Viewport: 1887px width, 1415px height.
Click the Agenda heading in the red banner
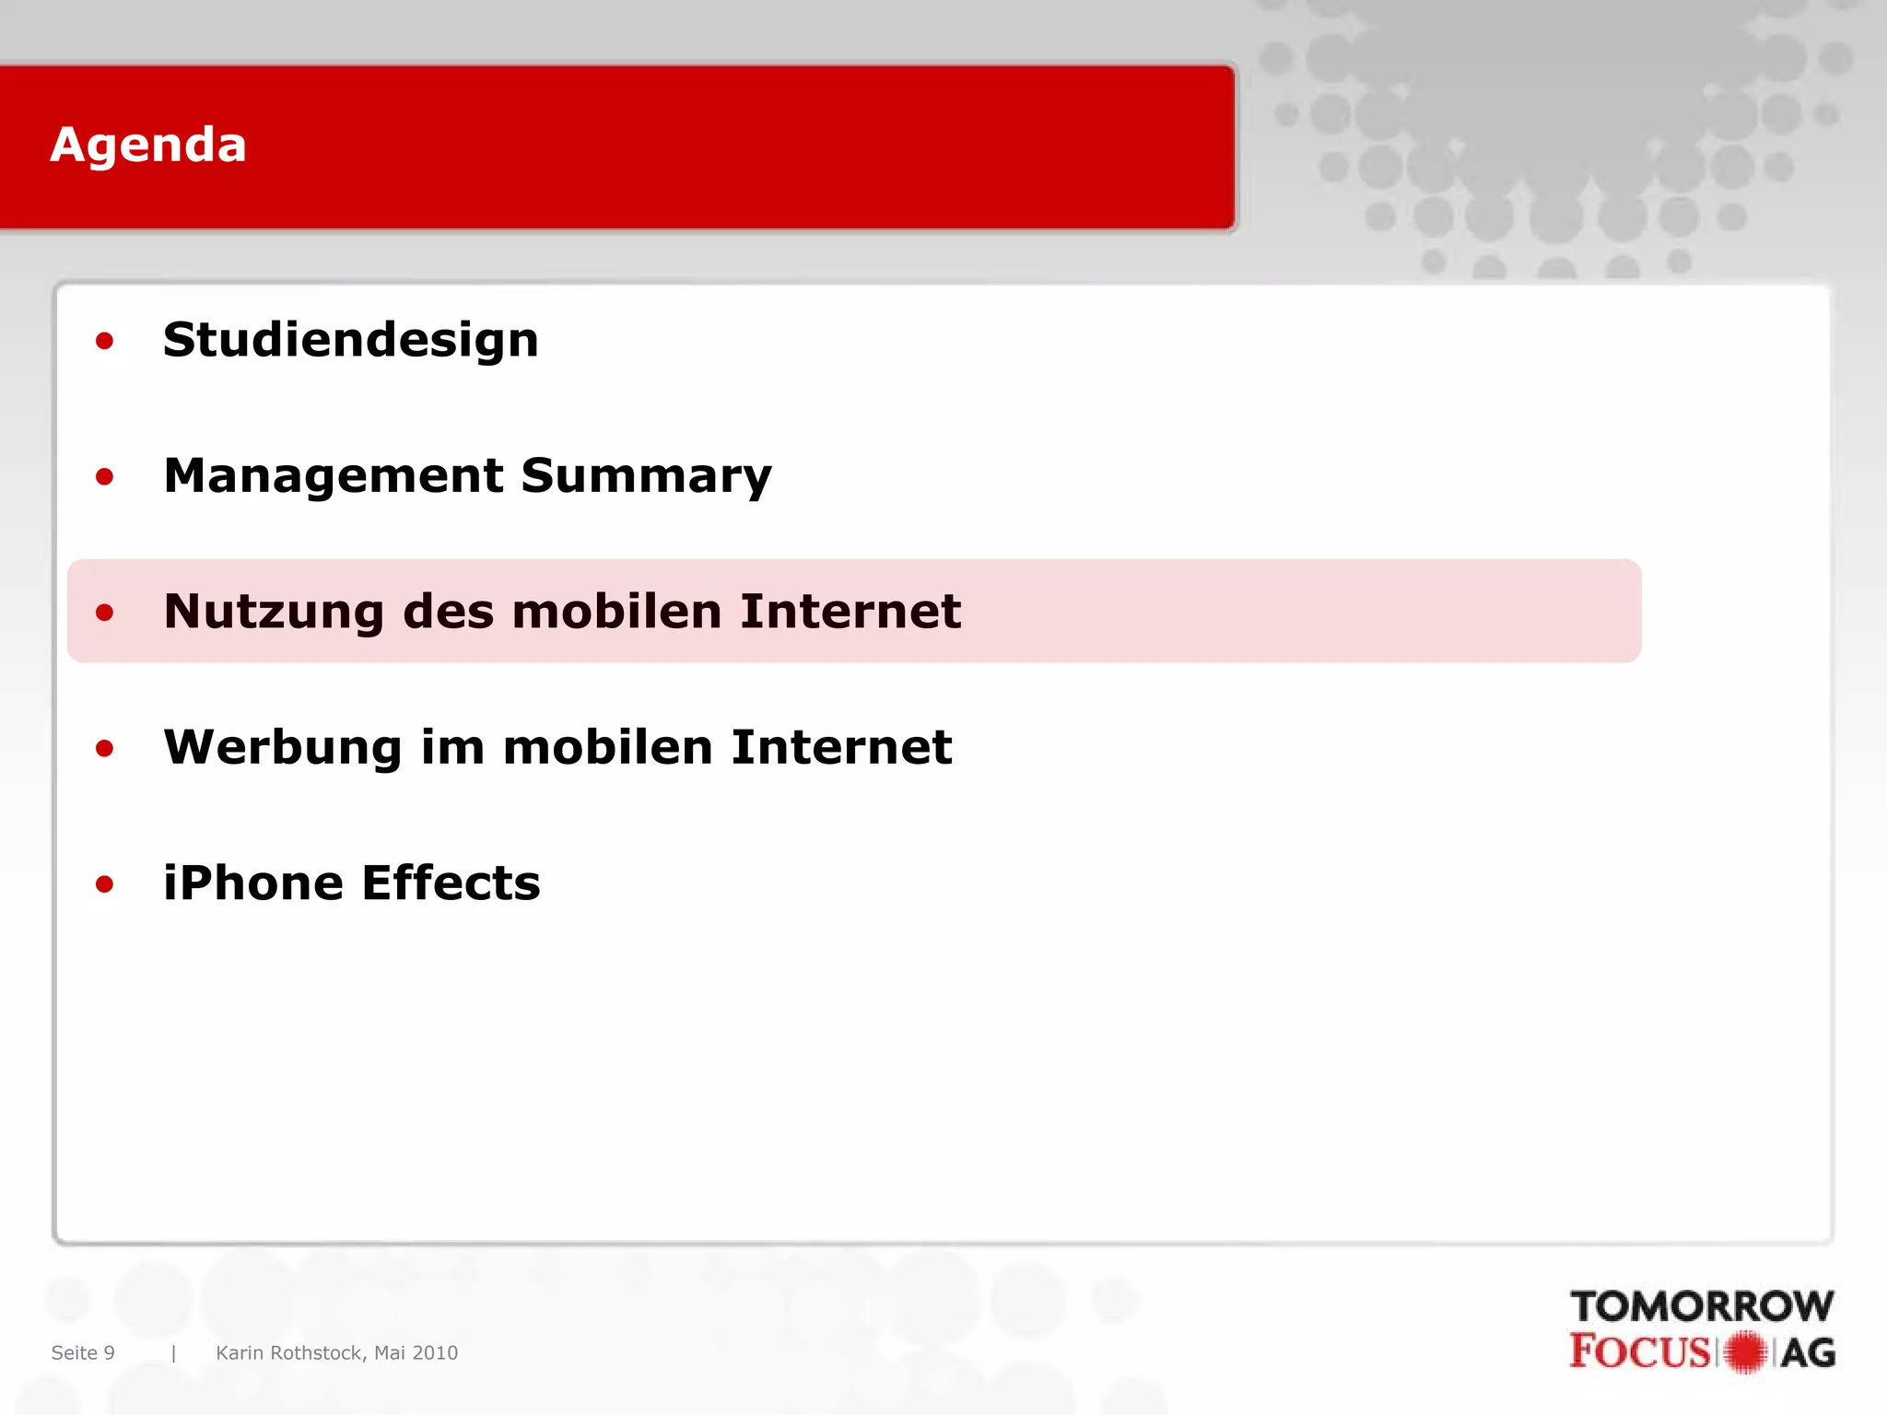click(148, 146)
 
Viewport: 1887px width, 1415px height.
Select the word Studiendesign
click(350, 340)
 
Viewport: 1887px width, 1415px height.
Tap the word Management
click(333, 476)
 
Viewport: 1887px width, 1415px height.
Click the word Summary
click(646, 476)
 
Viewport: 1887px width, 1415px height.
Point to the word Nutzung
click(274, 612)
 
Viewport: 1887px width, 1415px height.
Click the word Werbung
click(282, 747)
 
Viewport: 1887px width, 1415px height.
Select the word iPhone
click(252, 883)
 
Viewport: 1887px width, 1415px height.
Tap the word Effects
click(451, 883)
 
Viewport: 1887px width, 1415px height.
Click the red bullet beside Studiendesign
click(104, 342)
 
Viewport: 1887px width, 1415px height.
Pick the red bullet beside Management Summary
click(104, 477)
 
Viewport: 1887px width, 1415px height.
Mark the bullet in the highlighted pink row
click(104, 613)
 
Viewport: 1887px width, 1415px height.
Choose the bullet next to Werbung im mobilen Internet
click(104, 748)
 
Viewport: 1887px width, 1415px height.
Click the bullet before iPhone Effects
click(104, 884)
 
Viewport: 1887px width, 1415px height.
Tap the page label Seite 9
click(83, 1352)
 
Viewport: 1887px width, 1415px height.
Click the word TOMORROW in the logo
click(1702, 1306)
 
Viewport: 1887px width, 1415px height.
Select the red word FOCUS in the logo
click(1639, 1351)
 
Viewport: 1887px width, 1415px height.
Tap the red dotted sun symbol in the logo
click(1745, 1352)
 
